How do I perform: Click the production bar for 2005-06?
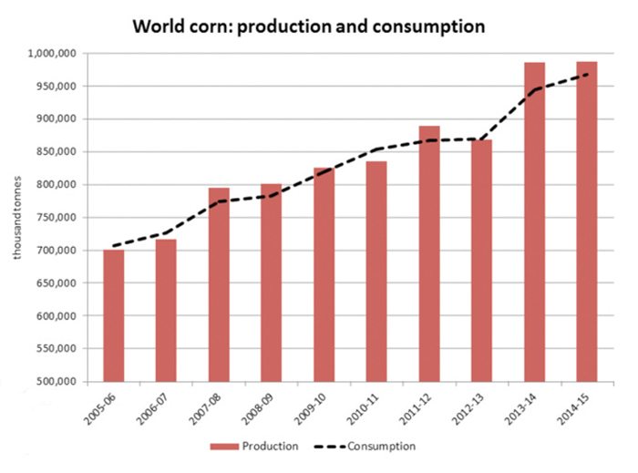click(113, 315)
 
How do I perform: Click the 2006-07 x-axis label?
click(158, 408)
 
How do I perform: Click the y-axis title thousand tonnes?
click(15, 218)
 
